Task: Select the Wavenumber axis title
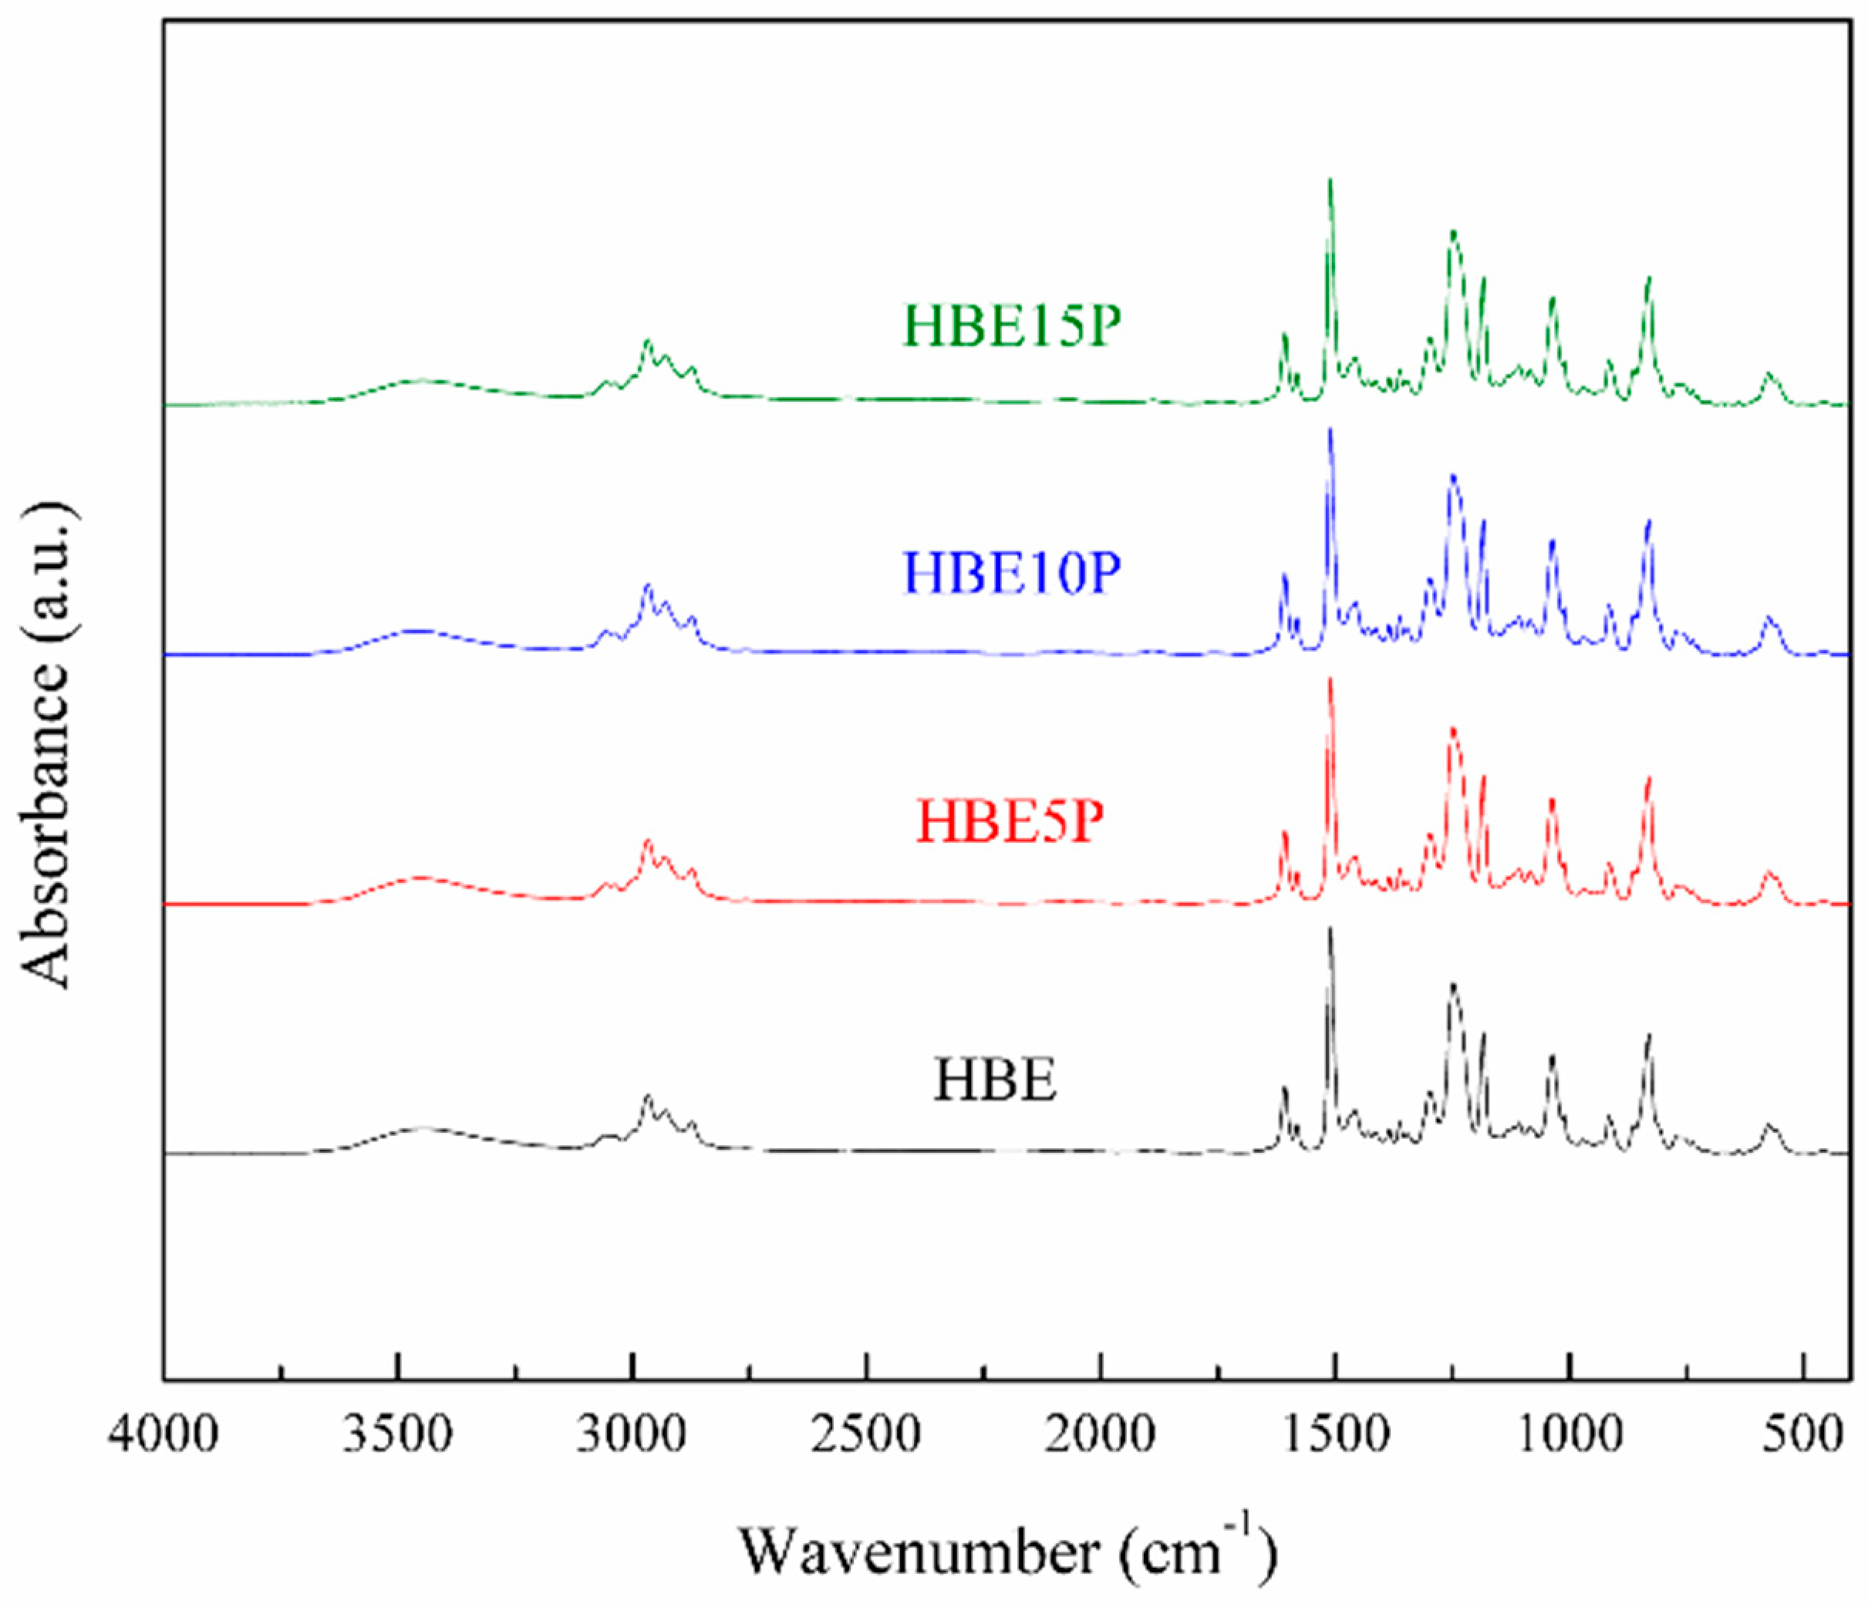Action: [1009, 1552]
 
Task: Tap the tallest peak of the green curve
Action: [1330, 180]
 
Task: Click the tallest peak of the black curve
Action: [1330, 928]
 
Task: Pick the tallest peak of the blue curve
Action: [1330, 430]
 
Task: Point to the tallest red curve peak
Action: [1330, 679]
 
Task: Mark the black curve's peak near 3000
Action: [646, 1096]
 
